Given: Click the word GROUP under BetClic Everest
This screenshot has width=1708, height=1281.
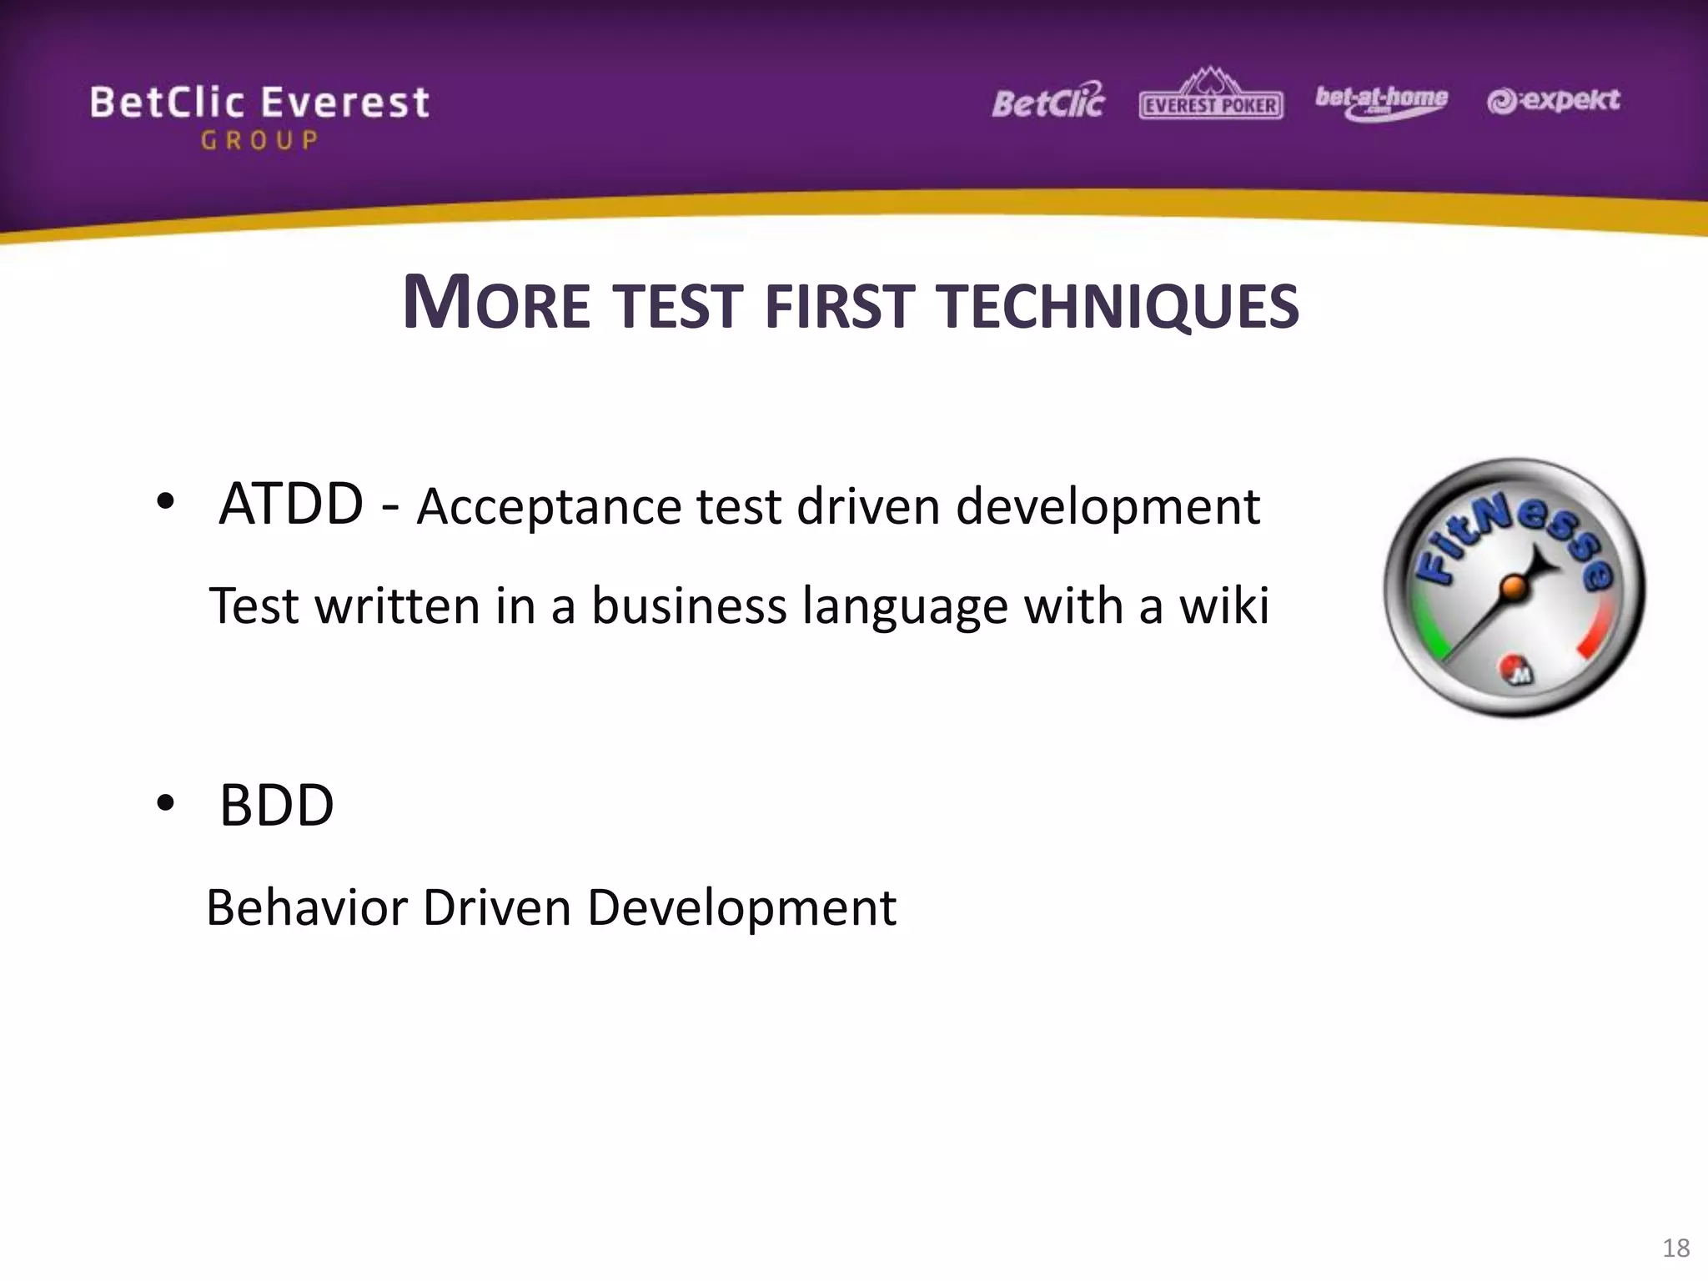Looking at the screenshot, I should pyautogui.click(x=259, y=140).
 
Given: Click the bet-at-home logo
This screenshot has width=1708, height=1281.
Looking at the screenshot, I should pyautogui.click(x=1381, y=101).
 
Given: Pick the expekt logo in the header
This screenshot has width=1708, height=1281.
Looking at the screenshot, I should pyautogui.click(x=1554, y=101).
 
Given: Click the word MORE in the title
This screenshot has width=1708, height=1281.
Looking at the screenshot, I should pyautogui.click(x=496, y=304).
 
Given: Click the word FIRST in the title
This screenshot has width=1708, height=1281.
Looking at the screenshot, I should pyautogui.click(x=840, y=307).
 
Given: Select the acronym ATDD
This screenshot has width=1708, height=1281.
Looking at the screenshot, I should pyautogui.click(x=291, y=505).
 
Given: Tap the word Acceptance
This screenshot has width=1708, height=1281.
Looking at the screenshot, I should pyautogui.click(x=550, y=507).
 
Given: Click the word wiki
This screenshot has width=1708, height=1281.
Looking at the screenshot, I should pyautogui.click(x=1223, y=605).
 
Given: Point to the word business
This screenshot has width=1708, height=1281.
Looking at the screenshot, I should pyautogui.click(x=689, y=605).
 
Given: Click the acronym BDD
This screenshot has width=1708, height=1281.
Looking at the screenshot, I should pyautogui.click(x=277, y=806).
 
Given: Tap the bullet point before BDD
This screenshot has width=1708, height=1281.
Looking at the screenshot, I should pyautogui.click(x=165, y=803).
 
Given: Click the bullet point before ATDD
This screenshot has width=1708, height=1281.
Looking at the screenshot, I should pyautogui.click(x=165, y=502).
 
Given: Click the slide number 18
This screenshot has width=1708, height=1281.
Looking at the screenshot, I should pyautogui.click(x=1675, y=1248).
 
